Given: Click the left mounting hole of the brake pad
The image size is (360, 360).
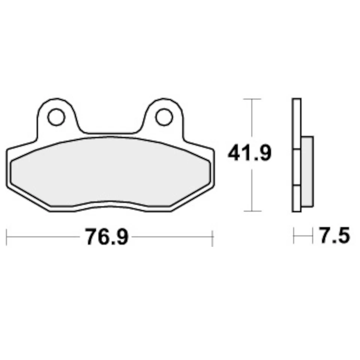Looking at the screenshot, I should coord(57,117).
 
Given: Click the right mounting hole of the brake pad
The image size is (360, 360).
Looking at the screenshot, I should coord(164,117).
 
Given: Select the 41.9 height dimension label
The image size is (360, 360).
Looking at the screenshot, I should coord(249,154).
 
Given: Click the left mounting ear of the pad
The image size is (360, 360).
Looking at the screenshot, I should coord(57,109).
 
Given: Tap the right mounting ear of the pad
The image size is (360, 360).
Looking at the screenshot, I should coord(164,109).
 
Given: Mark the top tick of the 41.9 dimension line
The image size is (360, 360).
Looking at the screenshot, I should coord(252,99).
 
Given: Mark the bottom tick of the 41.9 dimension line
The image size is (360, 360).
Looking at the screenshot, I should coord(252,211).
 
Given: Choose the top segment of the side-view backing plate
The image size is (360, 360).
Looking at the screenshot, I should coord(297,124).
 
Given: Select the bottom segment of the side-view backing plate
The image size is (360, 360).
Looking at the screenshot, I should coord(297,198).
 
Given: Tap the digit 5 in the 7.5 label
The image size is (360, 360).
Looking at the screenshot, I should coord(343,237).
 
